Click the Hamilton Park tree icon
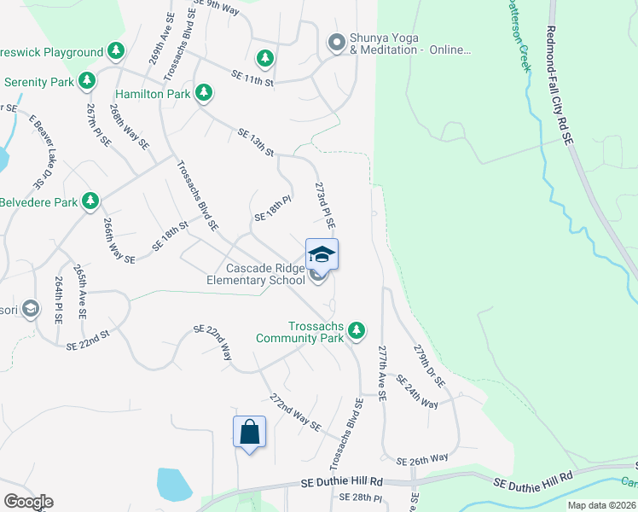coord(204,92)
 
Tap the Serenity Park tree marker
coord(86,81)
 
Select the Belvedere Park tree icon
coord(90,201)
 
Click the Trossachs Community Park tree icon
coord(357,329)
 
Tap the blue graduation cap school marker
coord(322,254)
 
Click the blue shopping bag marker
coord(249,432)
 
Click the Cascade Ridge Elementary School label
coord(256,274)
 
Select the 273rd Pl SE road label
coord(325,205)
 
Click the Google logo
coord(27,502)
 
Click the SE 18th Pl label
coord(273,210)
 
